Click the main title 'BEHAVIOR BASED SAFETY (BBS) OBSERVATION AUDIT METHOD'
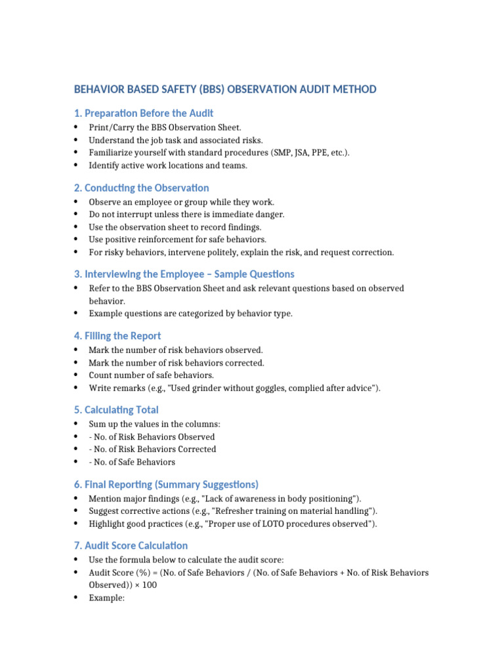tap(225, 89)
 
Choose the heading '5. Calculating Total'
tap(116, 409)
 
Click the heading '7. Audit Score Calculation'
tap(131, 545)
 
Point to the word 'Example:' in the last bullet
tap(107, 598)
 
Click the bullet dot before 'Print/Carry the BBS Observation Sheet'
tap(76, 127)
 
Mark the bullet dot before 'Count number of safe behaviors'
tap(76, 375)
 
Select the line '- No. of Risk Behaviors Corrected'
tap(152, 450)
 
